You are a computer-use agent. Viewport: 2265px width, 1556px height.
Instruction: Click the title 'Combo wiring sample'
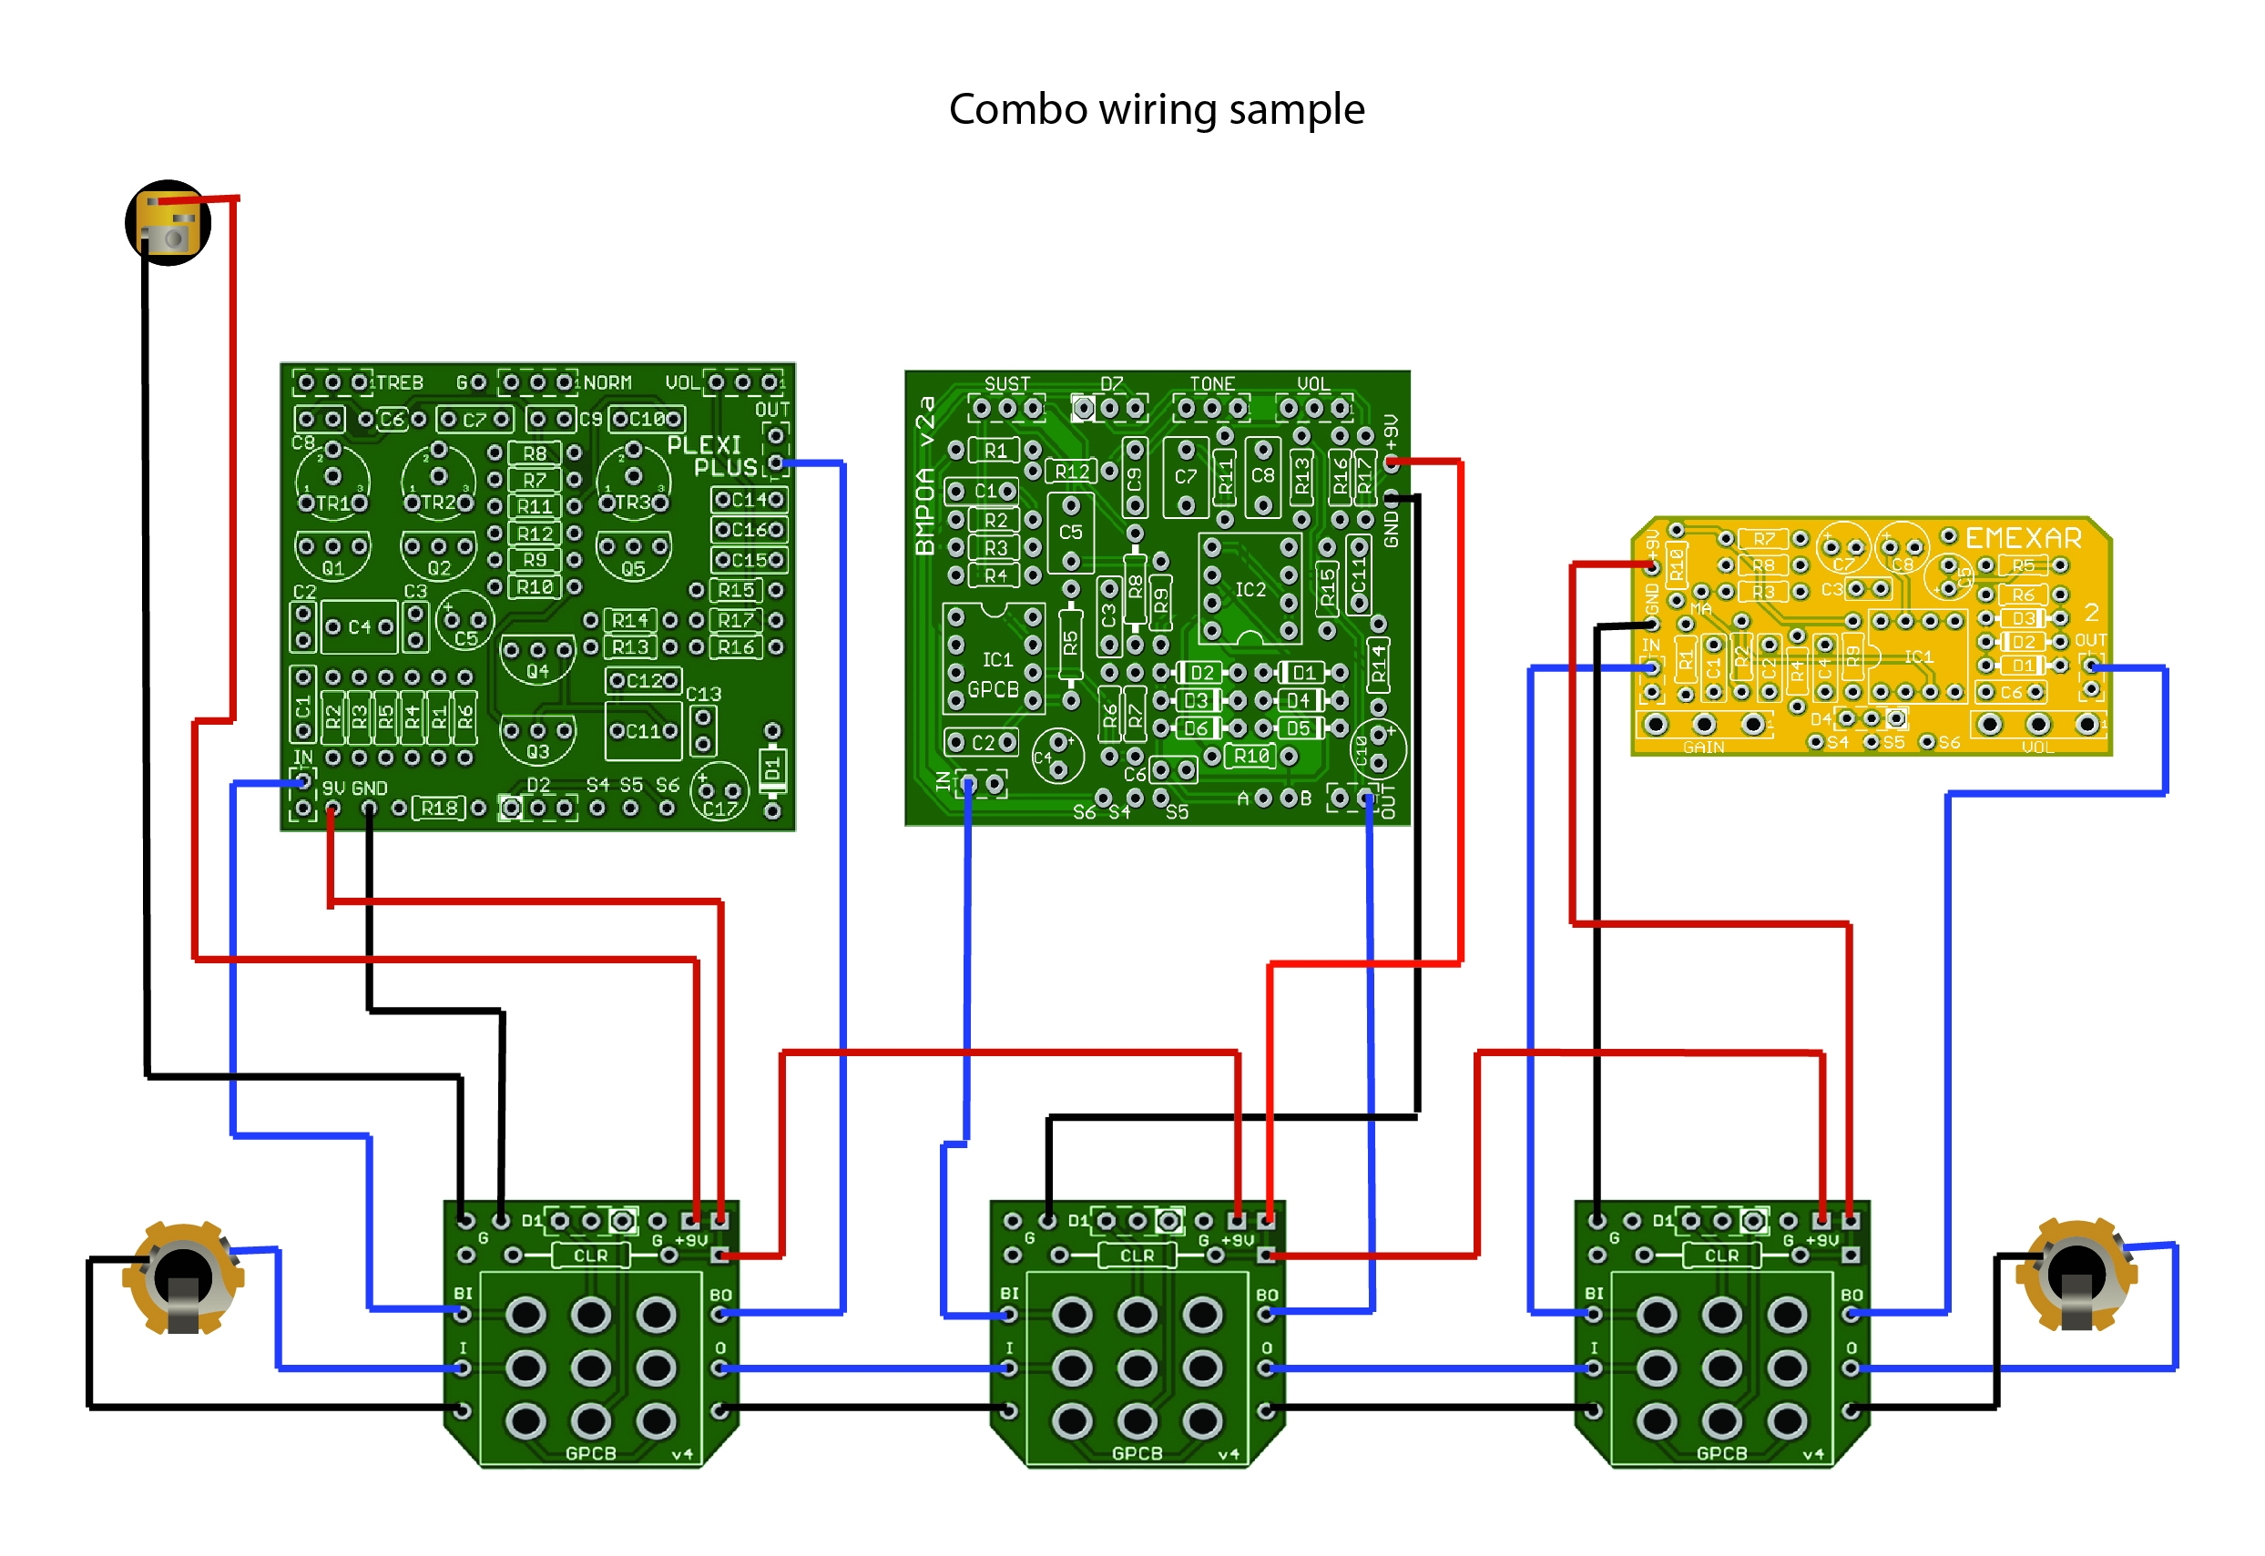click(1156, 109)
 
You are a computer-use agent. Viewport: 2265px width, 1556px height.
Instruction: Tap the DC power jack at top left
click(168, 222)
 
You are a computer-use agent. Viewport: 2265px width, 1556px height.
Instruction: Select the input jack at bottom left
click(182, 1277)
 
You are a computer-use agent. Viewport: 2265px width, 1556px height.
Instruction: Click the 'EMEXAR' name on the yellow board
click(2022, 538)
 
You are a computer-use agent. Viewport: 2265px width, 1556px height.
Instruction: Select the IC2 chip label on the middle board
click(1250, 590)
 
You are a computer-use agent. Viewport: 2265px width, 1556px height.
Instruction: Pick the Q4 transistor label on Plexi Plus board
click(537, 671)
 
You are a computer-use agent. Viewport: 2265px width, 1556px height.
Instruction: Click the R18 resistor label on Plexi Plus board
click(439, 808)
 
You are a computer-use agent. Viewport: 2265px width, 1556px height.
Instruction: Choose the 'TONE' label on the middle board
click(1212, 384)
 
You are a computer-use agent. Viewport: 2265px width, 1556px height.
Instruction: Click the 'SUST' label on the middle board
click(1007, 384)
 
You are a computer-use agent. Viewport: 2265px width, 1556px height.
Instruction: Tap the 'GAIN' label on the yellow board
click(1702, 747)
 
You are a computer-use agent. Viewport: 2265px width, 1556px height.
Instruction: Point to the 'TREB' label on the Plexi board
click(400, 383)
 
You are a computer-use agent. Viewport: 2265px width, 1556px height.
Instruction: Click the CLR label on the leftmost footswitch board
click(590, 1255)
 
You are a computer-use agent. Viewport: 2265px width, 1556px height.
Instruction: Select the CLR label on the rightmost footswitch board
click(1721, 1255)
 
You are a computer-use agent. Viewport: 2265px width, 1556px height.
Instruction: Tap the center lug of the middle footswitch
click(1137, 1367)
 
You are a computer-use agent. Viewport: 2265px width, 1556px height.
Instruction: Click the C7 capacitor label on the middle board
click(1185, 476)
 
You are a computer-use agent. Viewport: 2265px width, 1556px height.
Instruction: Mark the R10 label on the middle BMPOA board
click(1251, 756)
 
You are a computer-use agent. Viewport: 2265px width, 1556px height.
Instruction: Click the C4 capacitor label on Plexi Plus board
click(359, 627)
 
